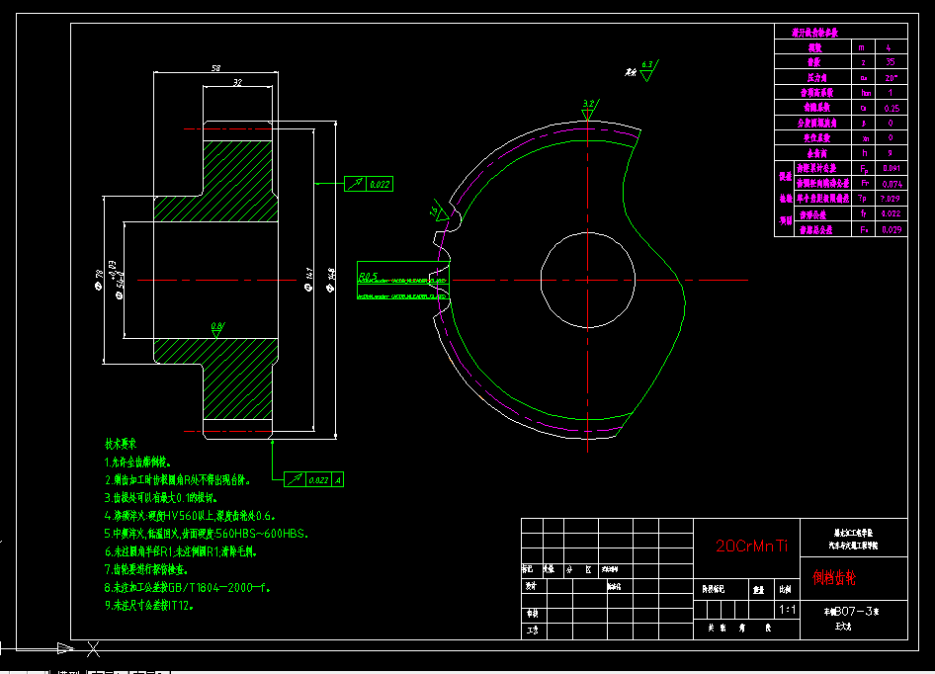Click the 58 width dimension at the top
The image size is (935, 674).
click(215, 68)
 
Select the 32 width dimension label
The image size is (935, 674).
click(237, 83)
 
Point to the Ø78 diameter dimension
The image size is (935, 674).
click(99, 280)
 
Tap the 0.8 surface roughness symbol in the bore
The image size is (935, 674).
click(216, 327)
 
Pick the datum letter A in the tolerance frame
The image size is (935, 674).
click(338, 479)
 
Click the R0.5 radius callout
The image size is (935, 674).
click(370, 275)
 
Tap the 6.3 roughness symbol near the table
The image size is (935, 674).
click(647, 66)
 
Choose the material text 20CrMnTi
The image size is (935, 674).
click(753, 545)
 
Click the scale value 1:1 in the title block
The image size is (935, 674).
click(788, 610)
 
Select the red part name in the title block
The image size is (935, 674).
click(835, 575)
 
